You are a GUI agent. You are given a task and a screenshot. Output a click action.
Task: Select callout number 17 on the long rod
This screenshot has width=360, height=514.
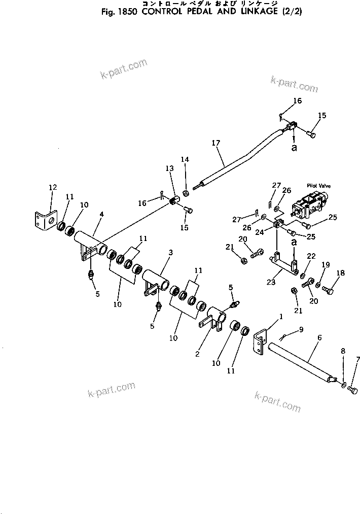click(217, 144)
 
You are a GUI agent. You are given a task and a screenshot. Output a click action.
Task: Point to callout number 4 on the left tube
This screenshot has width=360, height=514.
click(101, 214)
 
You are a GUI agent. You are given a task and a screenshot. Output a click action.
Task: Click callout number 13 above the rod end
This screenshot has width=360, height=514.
click(169, 168)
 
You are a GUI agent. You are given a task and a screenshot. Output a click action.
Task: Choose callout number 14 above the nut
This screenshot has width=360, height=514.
click(185, 159)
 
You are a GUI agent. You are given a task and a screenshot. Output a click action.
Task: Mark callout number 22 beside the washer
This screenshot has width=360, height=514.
click(311, 256)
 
